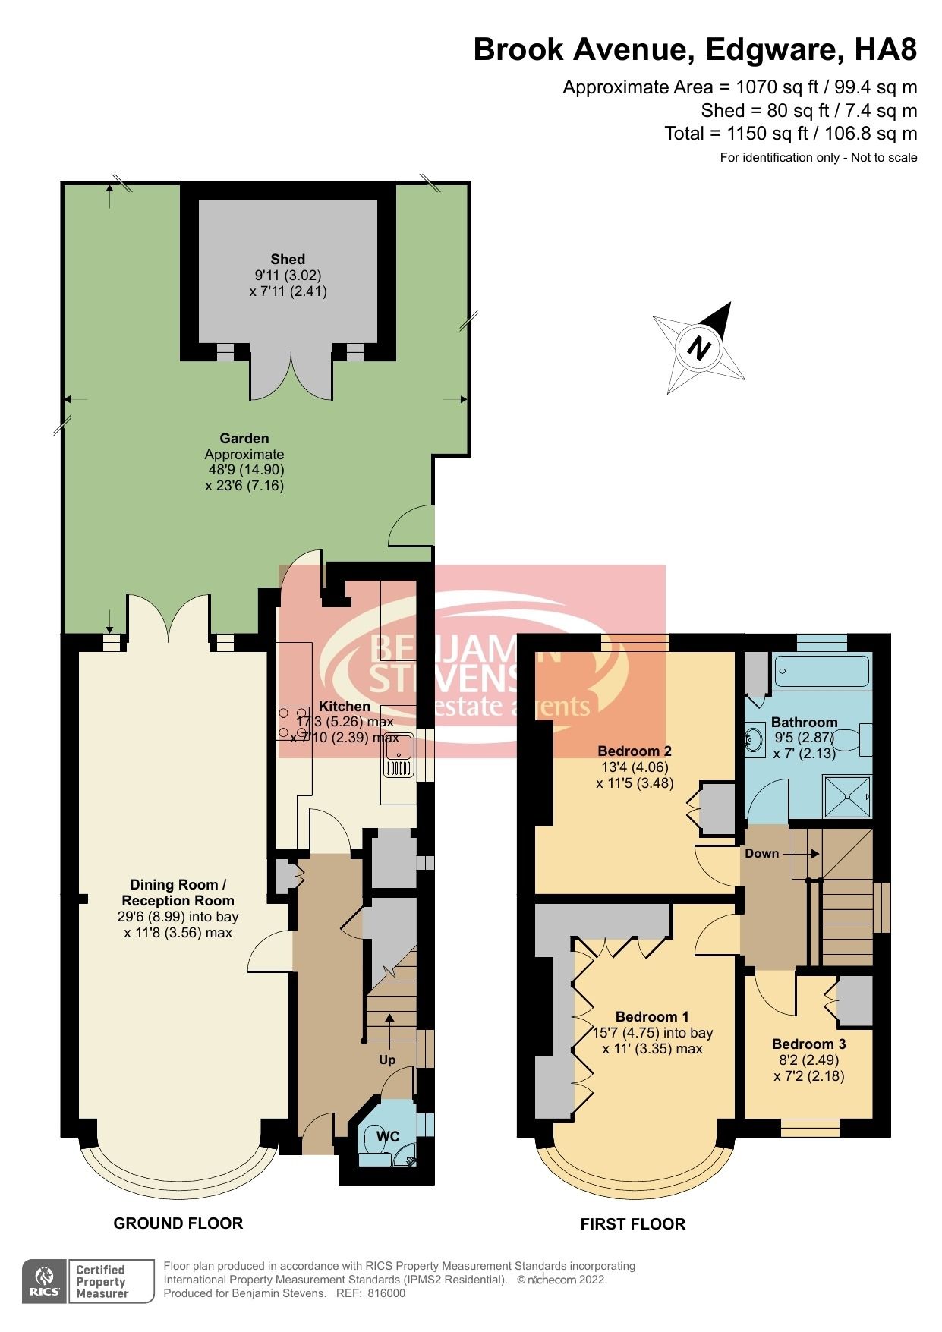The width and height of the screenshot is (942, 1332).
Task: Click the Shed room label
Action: coord(288,260)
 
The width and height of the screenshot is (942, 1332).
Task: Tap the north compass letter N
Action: coord(698,348)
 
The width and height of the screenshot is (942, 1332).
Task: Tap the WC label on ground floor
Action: coord(388,1136)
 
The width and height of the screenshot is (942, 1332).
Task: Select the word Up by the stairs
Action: coord(387,1060)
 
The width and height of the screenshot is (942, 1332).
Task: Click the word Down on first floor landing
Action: coord(761,853)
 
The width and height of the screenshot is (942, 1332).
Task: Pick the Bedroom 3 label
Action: coord(808,1044)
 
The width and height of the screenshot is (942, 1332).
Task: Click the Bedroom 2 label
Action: coord(634,751)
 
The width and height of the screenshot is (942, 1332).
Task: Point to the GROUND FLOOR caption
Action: coord(178,1223)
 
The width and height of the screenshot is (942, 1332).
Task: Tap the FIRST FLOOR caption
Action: coord(632,1223)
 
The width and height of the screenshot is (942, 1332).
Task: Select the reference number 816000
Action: coord(387,1293)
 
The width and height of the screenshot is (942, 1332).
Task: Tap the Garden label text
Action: coord(244,438)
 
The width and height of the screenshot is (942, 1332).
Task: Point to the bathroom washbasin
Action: coord(754,738)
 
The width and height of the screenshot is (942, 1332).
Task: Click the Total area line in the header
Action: coord(790,134)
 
